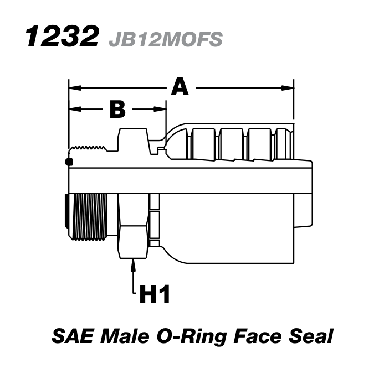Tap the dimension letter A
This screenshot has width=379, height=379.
click(179, 87)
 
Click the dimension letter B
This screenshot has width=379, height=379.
click(117, 110)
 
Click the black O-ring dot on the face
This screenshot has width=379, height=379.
click(68, 162)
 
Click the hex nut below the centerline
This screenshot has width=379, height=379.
click(133, 226)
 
